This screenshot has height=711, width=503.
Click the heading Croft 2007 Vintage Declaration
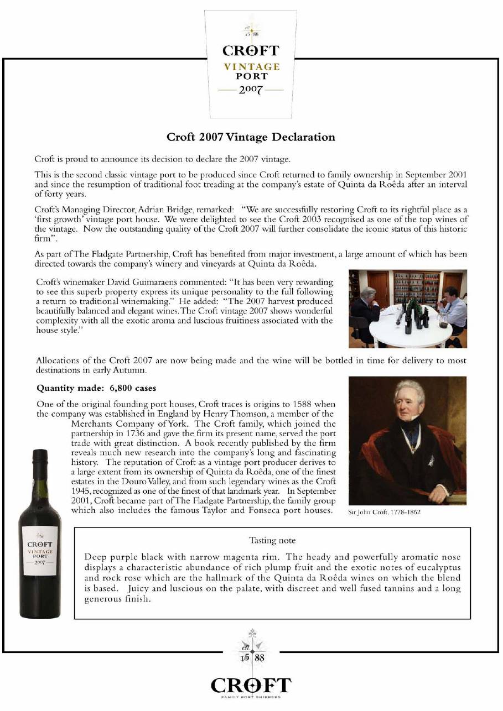[x=251, y=137]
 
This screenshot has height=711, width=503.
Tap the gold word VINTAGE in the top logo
[x=251, y=67]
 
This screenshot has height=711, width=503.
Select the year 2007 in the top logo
[x=251, y=90]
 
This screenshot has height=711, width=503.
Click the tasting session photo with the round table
[x=407, y=308]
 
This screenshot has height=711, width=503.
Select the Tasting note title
[x=272, y=540]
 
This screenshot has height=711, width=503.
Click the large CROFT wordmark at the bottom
[x=251, y=687]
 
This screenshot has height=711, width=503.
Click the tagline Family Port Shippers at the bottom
[x=251, y=700]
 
